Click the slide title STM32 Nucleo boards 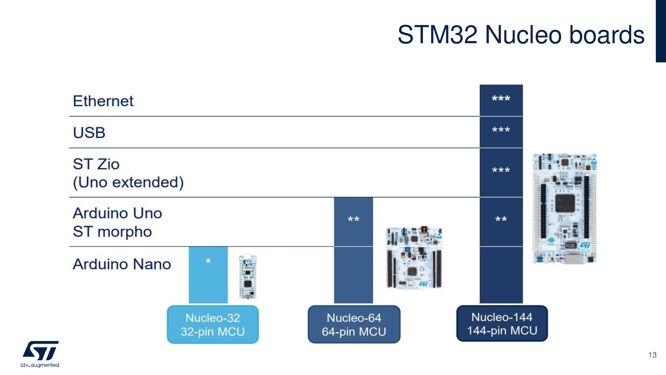(521, 35)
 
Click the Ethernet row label (103, 101)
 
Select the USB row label (89, 133)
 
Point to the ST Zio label (96, 164)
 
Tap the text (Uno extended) (128, 182)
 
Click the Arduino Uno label (117, 213)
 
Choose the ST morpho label (112, 231)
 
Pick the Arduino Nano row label (122, 264)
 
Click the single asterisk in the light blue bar (208, 262)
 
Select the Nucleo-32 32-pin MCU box (213, 325)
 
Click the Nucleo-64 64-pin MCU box (354, 325)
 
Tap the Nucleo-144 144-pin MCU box (502, 324)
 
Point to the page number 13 (652, 355)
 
